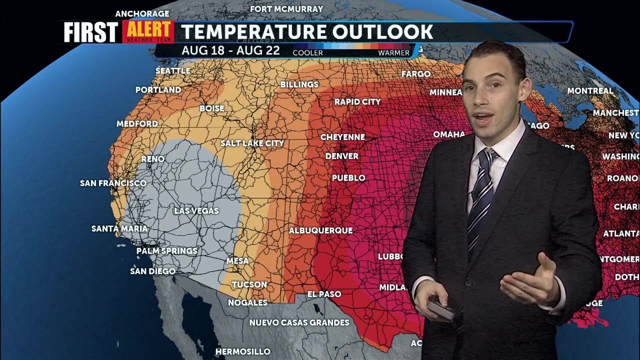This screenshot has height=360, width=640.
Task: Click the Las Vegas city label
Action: [x=196, y=211]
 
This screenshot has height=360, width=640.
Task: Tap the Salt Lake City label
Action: [x=252, y=143]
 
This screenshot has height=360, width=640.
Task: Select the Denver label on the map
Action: [x=342, y=156]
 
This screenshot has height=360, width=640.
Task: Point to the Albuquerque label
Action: [x=321, y=230]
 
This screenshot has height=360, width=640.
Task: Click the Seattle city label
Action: [x=173, y=71]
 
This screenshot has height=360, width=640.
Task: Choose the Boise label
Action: [x=212, y=108]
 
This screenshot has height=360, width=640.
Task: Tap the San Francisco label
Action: [x=113, y=183]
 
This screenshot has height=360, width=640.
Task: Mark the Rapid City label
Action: [x=357, y=102]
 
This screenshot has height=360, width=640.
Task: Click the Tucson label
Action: [x=249, y=284]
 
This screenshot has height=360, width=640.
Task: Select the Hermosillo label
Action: [x=243, y=352]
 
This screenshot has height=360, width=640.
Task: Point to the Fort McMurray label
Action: [x=286, y=9]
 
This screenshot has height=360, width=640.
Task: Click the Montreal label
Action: [x=590, y=91]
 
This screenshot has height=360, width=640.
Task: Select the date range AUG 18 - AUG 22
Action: [x=230, y=51]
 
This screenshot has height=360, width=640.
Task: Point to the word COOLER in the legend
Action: [x=307, y=52]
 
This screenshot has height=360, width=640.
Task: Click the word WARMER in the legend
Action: [x=393, y=52]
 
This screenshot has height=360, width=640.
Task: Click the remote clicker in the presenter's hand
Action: [x=440, y=310]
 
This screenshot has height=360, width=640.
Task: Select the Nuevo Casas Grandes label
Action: [x=299, y=322]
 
